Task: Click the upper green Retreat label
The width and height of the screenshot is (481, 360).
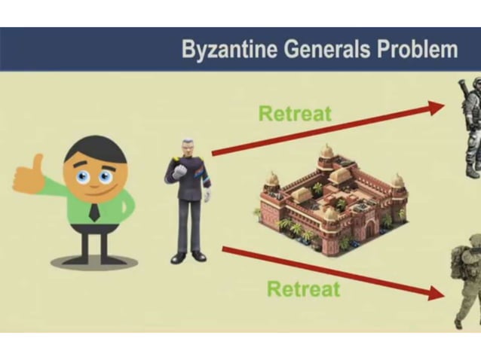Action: click(295, 114)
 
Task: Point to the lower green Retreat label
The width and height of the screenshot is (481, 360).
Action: click(304, 288)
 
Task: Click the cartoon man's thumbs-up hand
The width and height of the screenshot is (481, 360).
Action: click(28, 174)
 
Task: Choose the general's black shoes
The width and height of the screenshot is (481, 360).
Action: click(188, 257)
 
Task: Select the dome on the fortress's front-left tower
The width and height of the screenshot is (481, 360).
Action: click(273, 180)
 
